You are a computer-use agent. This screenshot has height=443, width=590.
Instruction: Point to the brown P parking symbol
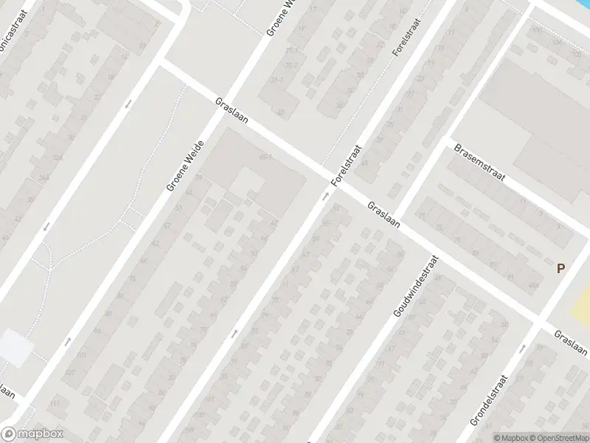pyautogui.click(x=560, y=269)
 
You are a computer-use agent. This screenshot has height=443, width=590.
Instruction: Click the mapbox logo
pyautogui.click(x=30, y=434)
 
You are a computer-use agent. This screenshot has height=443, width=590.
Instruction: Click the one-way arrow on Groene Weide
pyautogui.click(x=68, y=340)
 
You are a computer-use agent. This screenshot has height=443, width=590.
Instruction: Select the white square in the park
pyautogui.click(x=15, y=347)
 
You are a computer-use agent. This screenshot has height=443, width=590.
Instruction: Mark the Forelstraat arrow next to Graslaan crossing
pyautogui.click(x=326, y=196)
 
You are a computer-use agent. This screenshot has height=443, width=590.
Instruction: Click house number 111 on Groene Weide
pyautogui.click(x=55, y=405)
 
